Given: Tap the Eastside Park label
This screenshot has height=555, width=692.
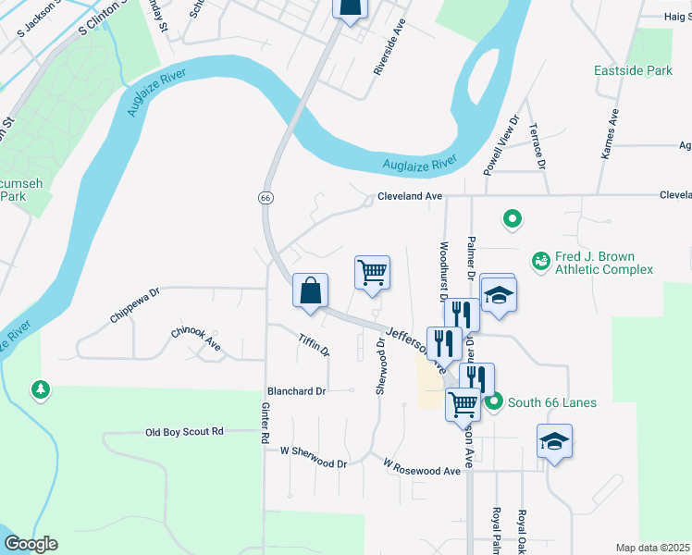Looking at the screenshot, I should click(x=634, y=70).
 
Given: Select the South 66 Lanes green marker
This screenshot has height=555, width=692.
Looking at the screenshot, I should click(x=494, y=401).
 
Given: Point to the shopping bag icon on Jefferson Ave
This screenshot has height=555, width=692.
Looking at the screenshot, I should click(x=310, y=290).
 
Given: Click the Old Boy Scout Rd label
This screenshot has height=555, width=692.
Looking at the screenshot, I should click(x=185, y=432).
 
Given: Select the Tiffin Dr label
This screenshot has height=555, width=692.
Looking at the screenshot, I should click(x=315, y=344).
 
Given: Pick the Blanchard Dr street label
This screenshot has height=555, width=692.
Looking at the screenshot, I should click(x=296, y=391).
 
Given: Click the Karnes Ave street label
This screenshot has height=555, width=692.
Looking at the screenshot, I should click(x=610, y=135).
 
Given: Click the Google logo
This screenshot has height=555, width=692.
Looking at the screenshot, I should click(x=31, y=544).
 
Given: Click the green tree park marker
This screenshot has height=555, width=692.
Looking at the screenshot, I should click(x=40, y=390).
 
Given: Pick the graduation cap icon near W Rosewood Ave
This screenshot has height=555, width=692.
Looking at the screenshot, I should click(x=553, y=441).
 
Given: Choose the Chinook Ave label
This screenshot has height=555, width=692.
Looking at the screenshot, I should click(x=196, y=338).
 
